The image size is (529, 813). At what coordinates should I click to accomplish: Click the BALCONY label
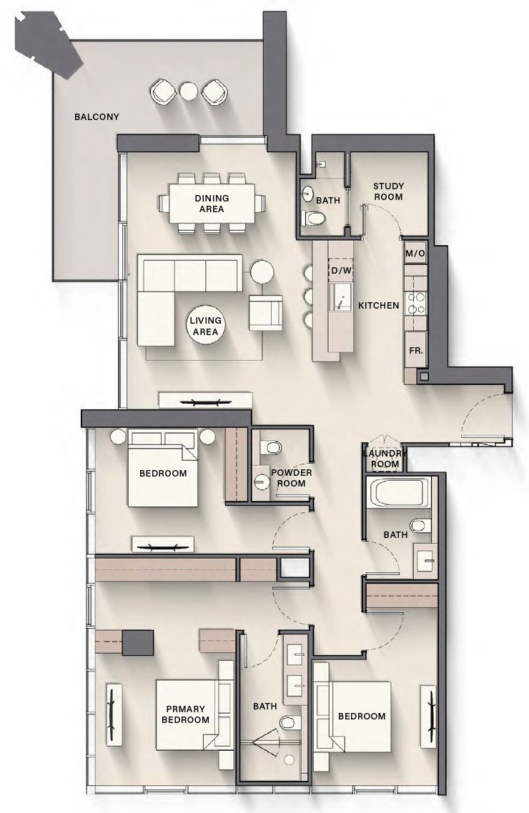(x=97, y=116)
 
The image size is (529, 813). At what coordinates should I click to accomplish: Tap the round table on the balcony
(x=188, y=91)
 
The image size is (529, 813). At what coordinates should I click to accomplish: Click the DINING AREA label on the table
(x=212, y=204)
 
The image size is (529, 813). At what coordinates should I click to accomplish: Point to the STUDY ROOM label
(x=388, y=191)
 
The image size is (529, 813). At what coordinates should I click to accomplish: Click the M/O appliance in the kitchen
(x=415, y=253)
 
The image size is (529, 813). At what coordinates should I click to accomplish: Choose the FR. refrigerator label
(x=415, y=351)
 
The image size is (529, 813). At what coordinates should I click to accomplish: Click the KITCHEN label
(x=378, y=306)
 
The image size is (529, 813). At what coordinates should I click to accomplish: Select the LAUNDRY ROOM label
(x=385, y=459)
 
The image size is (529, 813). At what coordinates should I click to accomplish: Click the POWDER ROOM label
(x=291, y=478)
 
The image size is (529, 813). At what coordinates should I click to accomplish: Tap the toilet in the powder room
(x=271, y=448)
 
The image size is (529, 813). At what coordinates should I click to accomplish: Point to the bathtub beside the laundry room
(x=397, y=493)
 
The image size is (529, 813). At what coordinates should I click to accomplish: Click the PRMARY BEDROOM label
(x=185, y=714)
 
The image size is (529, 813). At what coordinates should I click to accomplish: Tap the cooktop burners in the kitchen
(x=416, y=304)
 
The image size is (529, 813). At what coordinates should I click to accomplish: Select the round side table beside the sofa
(x=262, y=271)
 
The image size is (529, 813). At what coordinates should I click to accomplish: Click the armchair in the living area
(x=265, y=312)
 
